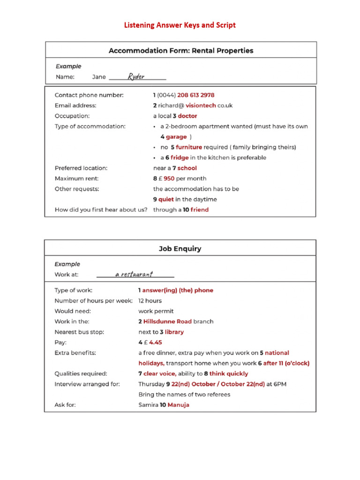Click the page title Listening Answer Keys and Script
[x=180, y=25]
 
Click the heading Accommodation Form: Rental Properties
[x=180, y=51]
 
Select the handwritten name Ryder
[x=136, y=76]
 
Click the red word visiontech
[x=201, y=105]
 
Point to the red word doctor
[x=187, y=116]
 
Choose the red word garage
[x=176, y=137]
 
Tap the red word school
[x=187, y=168]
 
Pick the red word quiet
[x=166, y=199]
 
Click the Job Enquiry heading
[x=180, y=248]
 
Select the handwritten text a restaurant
[x=134, y=274]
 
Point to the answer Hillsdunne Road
[x=167, y=322]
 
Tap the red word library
[x=174, y=332]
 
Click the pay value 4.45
[x=155, y=343]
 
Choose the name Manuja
[x=178, y=405]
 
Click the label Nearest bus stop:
[x=79, y=332]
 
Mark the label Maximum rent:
[x=77, y=179]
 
